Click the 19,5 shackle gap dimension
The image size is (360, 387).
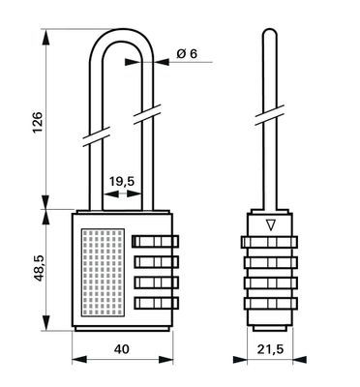(x=121, y=180)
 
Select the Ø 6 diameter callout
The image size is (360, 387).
(x=188, y=55)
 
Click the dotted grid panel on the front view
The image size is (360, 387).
(x=102, y=273)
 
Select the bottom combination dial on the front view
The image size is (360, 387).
(x=155, y=305)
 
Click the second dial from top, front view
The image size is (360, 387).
(x=155, y=262)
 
